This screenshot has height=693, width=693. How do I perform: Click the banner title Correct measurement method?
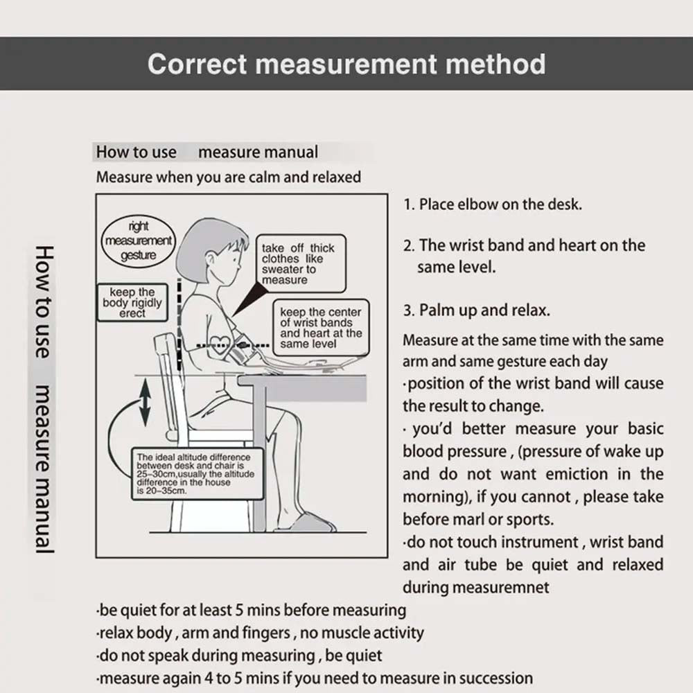pyautogui.click(x=346, y=64)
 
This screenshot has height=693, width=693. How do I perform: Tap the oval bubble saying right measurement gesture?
pyautogui.click(x=139, y=240)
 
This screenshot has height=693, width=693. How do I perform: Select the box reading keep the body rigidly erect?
pyautogui.click(x=132, y=303)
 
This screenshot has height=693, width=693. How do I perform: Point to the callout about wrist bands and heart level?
pyautogui.click(x=321, y=328)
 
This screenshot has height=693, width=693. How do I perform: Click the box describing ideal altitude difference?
pyautogui.click(x=197, y=473)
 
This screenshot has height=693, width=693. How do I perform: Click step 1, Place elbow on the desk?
pyautogui.click(x=493, y=204)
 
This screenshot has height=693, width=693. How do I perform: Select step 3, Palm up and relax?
pyautogui.click(x=477, y=310)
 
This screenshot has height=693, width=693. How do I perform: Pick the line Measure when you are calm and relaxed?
pyautogui.click(x=229, y=177)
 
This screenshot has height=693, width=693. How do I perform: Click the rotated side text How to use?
pyautogui.click(x=43, y=302)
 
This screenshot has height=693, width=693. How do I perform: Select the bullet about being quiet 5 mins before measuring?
pyautogui.click(x=251, y=611)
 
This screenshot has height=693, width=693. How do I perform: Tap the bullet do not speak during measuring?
pyautogui.click(x=239, y=655)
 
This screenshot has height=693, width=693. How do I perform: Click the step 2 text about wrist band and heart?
pyautogui.click(x=524, y=255)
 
